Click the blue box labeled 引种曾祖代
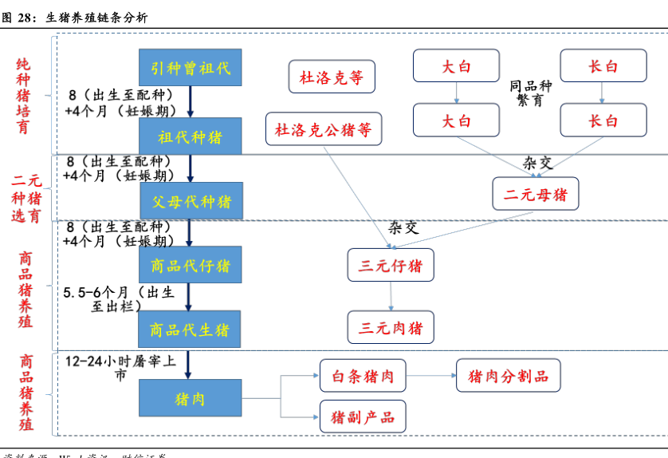pos(191,68)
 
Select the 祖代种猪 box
pos(191,136)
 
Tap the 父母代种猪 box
pos(191,199)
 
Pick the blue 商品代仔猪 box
pos(191,264)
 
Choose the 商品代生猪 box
pos(191,329)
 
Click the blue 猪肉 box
pos(191,398)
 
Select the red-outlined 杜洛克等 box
pos(331,77)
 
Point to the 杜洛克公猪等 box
pos(324,128)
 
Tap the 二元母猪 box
pos(535,193)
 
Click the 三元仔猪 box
pos(391,265)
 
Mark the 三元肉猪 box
pos(391,326)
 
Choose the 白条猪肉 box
pos(363,375)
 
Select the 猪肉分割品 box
pos(508,375)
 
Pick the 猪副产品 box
pos(363,417)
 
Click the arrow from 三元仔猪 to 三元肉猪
pos(391,295)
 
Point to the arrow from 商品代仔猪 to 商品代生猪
pos(190,296)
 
